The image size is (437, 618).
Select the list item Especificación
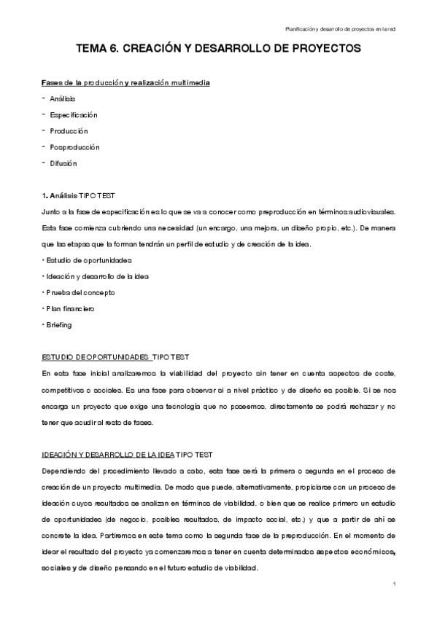coord(74,115)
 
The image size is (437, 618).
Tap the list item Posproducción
coord(75,147)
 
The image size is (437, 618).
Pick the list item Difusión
coord(63,163)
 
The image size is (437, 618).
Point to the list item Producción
coord(69,131)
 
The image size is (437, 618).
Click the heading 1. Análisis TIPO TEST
coord(77,195)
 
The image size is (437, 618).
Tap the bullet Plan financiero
coord(71,308)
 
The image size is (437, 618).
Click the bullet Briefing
coord(58,324)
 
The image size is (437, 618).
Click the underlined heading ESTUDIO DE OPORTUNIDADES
coord(96,357)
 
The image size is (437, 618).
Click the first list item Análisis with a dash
coord(63,99)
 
